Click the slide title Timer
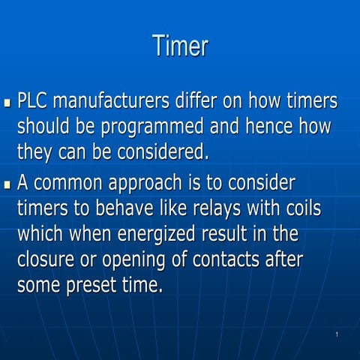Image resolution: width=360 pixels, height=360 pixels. point(180,46)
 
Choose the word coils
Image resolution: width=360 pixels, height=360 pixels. point(300,208)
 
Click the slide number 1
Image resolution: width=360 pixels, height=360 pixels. point(337,334)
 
